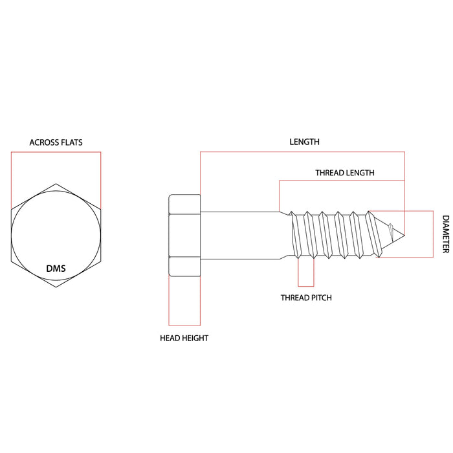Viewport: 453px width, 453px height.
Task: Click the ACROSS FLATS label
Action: coord(56,142)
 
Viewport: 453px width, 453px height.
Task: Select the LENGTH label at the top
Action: coord(304,141)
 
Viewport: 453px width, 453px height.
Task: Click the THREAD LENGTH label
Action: coord(344,173)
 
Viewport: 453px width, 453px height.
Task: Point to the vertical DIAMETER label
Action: coord(445,234)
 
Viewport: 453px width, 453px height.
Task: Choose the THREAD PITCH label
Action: coord(305,298)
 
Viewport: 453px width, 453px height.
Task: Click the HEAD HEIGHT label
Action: coord(184,338)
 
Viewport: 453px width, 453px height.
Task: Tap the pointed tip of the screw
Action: coord(404,234)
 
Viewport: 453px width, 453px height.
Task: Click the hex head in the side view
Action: coord(184,235)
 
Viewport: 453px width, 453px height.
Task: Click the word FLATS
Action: coord(71,142)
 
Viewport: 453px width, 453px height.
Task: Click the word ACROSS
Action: coord(42,142)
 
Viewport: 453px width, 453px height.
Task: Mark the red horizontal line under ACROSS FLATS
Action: coord(56,152)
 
